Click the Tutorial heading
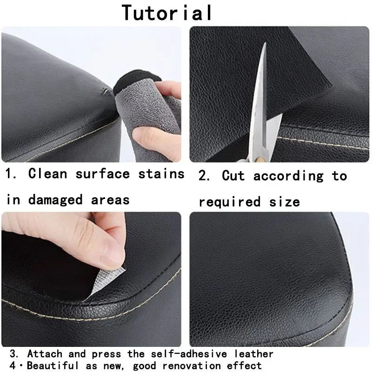(x=167, y=13)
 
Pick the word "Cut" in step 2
(x=236, y=176)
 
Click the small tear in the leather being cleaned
(x=106, y=91)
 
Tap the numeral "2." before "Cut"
(x=205, y=176)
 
